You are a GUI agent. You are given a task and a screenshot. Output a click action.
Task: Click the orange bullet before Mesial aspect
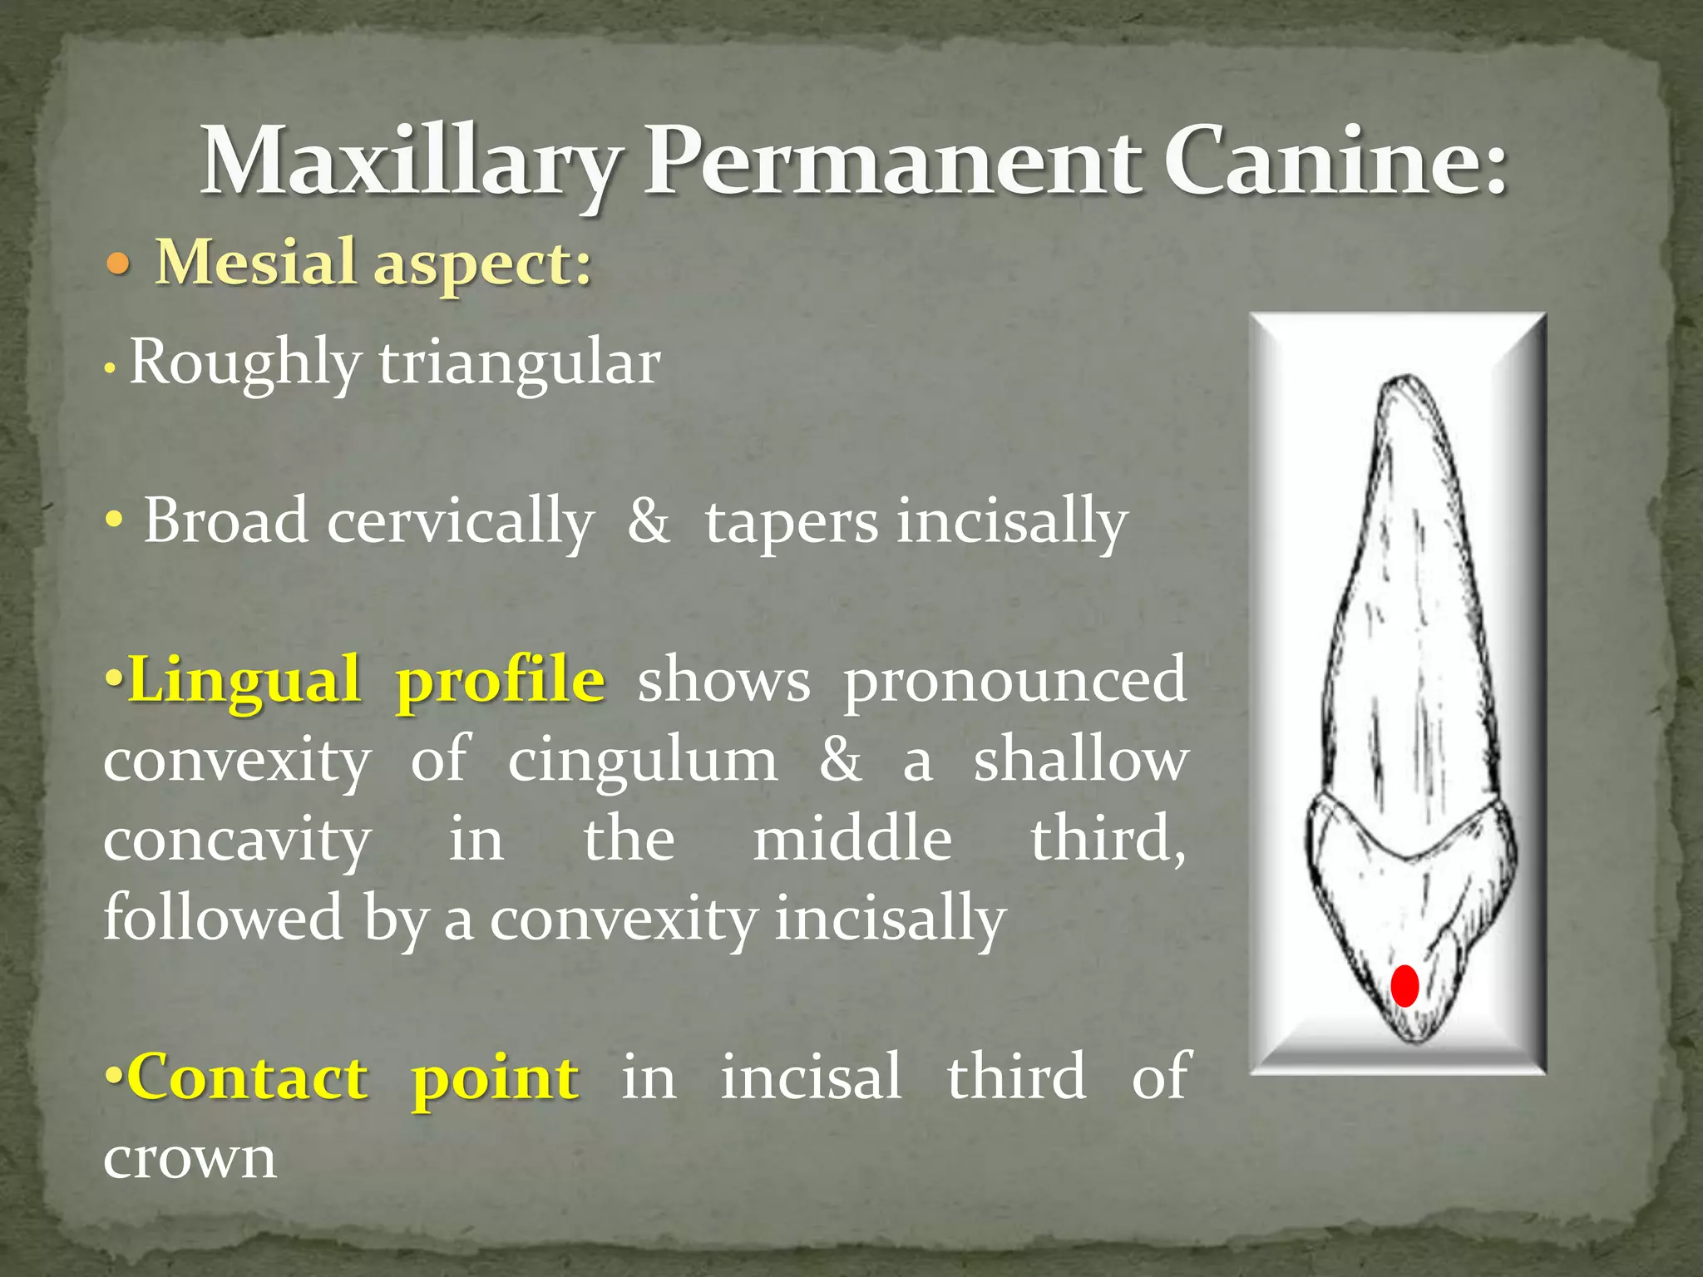119,265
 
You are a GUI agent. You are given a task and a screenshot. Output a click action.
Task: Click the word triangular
520,363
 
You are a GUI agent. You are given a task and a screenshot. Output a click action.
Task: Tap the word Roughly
245,363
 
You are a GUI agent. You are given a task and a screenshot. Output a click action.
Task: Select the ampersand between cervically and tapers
649,521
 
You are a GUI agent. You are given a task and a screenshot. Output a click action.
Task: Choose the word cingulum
643,761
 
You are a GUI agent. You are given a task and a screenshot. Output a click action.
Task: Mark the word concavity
237,840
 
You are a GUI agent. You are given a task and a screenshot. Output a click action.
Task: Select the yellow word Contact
249,1077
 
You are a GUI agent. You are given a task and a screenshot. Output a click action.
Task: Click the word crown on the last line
190,1157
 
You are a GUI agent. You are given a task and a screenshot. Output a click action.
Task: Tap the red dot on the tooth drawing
1404,986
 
